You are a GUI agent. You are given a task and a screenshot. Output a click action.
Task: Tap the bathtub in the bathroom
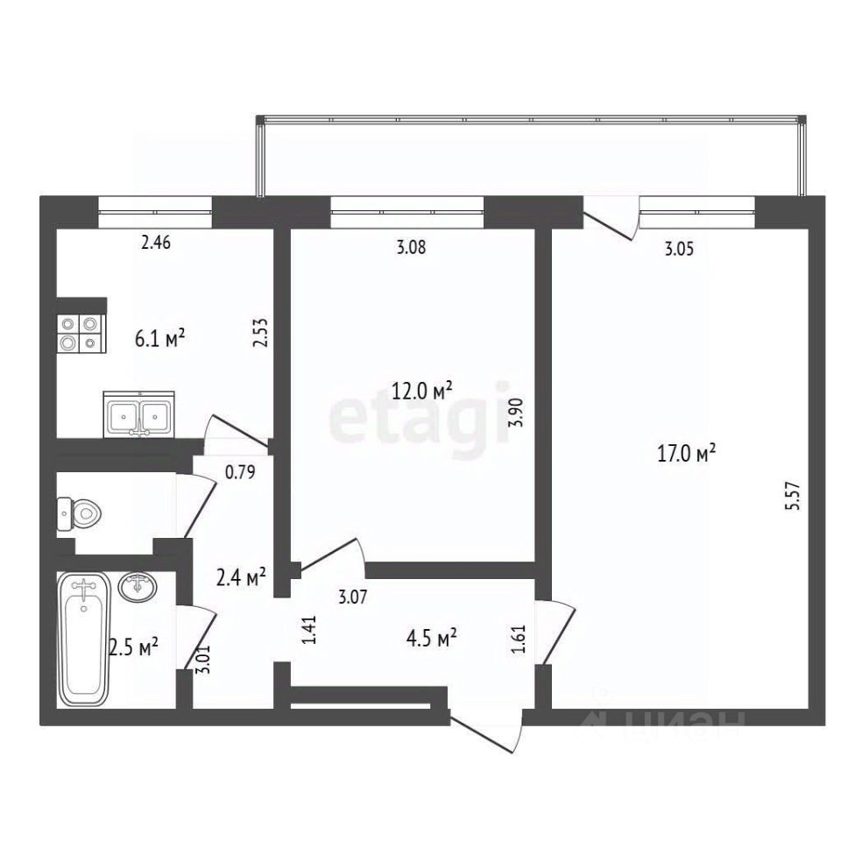click(83, 639)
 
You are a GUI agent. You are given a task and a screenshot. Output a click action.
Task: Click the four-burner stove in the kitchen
click(81, 333)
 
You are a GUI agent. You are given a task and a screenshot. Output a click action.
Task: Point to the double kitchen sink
click(139, 413)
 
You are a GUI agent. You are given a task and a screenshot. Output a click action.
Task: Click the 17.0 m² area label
click(687, 455)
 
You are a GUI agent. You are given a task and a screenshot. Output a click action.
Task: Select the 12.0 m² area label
click(422, 391)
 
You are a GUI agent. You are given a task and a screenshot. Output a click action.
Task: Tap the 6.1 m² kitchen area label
click(159, 339)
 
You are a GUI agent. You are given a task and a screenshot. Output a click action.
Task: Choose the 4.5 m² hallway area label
click(431, 639)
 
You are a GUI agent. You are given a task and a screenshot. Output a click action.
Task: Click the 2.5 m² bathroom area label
click(133, 647)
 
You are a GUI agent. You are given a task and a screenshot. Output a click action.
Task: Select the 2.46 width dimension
click(156, 243)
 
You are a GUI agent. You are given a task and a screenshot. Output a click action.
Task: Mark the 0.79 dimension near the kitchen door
click(240, 472)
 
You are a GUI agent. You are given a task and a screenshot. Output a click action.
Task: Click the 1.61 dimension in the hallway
click(518, 639)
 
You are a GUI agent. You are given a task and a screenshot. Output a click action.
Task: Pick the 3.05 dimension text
click(679, 249)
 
